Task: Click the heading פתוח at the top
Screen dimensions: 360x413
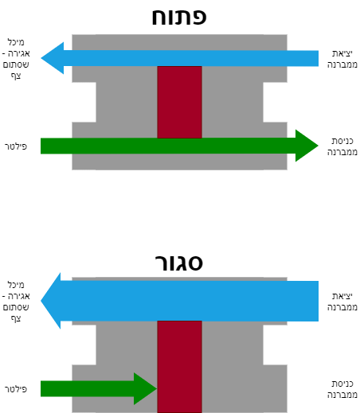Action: (x=179, y=17)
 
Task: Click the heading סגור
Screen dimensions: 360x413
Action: (x=179, y=263)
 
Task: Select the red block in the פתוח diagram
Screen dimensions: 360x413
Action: (x=179, y=102)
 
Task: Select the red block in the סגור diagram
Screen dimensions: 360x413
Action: (x=179, y=367)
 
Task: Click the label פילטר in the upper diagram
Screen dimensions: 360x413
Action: (x=16, y=146)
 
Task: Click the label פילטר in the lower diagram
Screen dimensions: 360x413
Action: (x=16, y=389)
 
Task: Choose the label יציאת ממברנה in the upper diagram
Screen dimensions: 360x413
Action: (x=342, y=59)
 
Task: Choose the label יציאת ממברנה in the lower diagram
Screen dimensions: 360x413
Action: (x=342, y=302)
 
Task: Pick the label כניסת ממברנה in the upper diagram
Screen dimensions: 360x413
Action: (x=342, y=146)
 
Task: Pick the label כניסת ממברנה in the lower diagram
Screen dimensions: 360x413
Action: (x=342, y=389)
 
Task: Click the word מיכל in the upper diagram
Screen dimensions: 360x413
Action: (x=16, y=42)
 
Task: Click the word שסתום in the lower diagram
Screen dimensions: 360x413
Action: (x=16, y=307)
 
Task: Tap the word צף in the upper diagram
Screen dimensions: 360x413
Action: (x=16, y=76)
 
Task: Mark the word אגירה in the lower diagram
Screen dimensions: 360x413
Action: (x=18, y=296)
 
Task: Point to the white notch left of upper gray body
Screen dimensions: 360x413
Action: (x=84, y=102)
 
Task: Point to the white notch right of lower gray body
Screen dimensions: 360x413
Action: (x=275, y=345)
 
